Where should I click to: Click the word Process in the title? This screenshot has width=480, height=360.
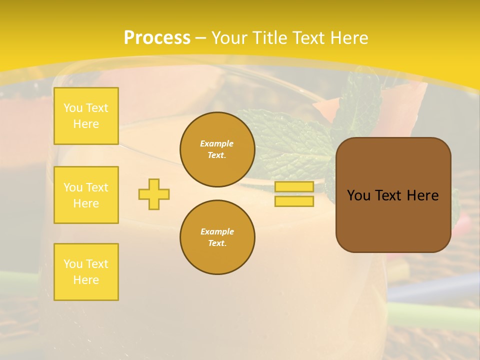coord(157,38)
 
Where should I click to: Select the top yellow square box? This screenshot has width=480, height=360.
coord(86,116)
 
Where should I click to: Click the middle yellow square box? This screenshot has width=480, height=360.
coord(86,195)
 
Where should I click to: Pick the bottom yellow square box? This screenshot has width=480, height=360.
coord(86,272)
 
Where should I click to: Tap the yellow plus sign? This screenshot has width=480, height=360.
coord(154,194)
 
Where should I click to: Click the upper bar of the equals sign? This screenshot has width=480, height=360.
coord(294,186)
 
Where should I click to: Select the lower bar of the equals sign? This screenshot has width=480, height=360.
coord(294,201)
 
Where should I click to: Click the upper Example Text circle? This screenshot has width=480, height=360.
coord(217,149)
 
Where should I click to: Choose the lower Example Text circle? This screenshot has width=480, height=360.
coord(217,237)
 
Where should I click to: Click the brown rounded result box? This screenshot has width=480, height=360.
coord(393,220)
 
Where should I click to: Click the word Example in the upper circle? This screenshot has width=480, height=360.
coord(217,143)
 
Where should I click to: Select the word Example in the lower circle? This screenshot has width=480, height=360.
coord(217,231)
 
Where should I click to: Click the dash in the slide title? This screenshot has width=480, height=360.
coord(201,38)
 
